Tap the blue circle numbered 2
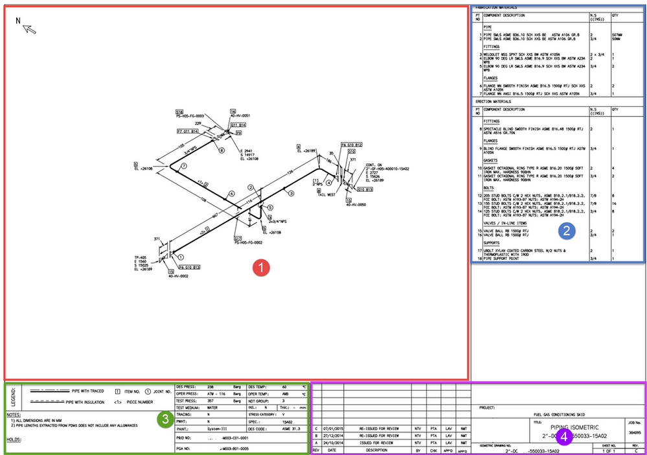(565, 229)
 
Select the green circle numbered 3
(165, 419)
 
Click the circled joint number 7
(183, 167)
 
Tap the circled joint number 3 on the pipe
(291, 193)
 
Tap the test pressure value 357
(211, 401)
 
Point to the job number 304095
(635, 430)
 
